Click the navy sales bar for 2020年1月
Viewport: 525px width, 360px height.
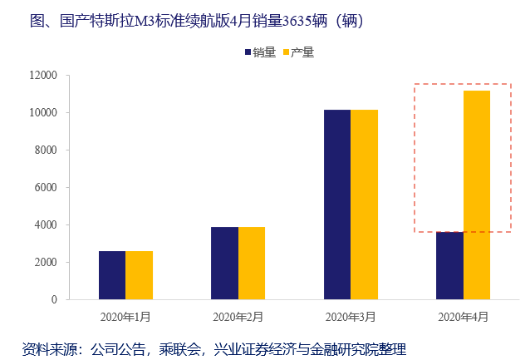point(112,275)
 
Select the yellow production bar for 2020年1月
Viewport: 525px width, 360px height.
point(139,275)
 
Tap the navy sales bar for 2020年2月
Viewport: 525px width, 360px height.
point(224,263)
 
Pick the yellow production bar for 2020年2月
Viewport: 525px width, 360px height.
point(252,263)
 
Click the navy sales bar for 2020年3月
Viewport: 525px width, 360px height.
point(337,205)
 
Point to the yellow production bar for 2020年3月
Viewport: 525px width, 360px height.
point(364,205)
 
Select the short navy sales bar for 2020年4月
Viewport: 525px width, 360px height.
point(449,265)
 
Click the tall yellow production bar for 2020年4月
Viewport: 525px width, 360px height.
point(477,195)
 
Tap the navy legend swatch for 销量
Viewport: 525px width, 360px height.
point(248,52)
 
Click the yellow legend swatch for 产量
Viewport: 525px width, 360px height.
point(287,52)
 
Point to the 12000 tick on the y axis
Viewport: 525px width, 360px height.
point(42,76)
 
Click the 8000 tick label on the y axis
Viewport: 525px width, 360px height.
point(45,150)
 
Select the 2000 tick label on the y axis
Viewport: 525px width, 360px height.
point(45,262)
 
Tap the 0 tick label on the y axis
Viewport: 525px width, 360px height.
point(54,299)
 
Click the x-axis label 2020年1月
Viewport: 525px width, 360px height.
point(125,317)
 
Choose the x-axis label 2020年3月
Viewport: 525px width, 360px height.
point(351,317)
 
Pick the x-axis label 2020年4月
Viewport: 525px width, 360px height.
point(464,317)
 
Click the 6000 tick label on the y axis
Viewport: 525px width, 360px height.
point(45,188)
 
